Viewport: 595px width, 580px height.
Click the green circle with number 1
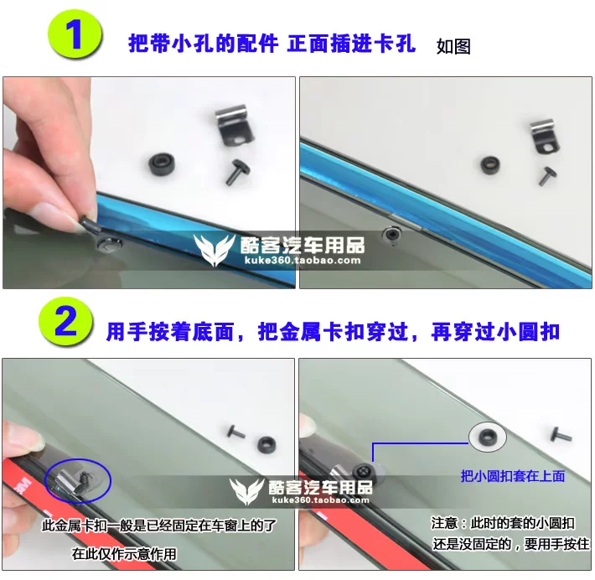point(75,34)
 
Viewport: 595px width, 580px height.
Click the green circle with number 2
point(65,322)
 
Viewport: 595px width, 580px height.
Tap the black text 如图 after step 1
point(453,46)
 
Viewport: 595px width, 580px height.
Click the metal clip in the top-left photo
point(233,125)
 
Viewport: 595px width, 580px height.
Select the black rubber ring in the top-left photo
point(162,165)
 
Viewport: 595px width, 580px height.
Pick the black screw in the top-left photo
point(237,171)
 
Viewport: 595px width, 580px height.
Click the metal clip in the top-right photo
point(544,137)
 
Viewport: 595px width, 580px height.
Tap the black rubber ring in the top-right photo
point(490,165)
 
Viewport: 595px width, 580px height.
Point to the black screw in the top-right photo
point(547,176)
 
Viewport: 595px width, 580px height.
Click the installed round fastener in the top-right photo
point(392,234)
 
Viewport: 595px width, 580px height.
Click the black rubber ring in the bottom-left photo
point(266,444)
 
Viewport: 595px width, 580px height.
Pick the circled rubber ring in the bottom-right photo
point(488,436)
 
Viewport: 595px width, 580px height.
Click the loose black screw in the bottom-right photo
point(561,435)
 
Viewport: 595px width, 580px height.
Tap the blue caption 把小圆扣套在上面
point(513,476)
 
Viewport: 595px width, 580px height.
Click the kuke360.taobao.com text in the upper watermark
point(303,261)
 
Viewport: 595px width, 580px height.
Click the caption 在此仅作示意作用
point(124,554)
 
